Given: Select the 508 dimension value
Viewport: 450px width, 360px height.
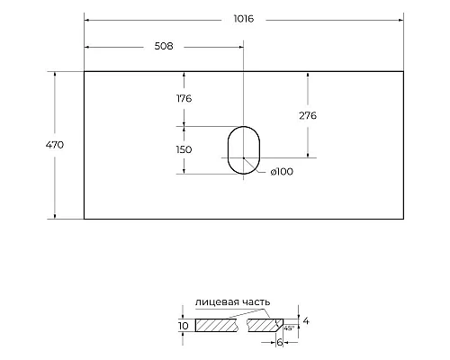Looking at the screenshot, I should click(164, 45).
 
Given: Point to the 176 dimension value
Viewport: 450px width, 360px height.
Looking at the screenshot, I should click(185, 98).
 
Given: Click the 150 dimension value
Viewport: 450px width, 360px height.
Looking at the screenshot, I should click(185, 149).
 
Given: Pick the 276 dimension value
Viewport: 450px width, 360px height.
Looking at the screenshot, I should click(308, 115).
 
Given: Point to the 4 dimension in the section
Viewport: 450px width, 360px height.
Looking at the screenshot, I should click(307, 319).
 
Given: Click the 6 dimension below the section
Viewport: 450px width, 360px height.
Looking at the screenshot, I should click(279, 343).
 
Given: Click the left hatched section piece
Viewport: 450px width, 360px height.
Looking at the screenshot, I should click(219, 324).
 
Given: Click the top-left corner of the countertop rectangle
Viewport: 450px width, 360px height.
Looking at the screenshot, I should click(84, 70).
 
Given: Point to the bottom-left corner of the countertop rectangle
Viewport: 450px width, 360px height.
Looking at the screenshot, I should click(84, 219).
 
